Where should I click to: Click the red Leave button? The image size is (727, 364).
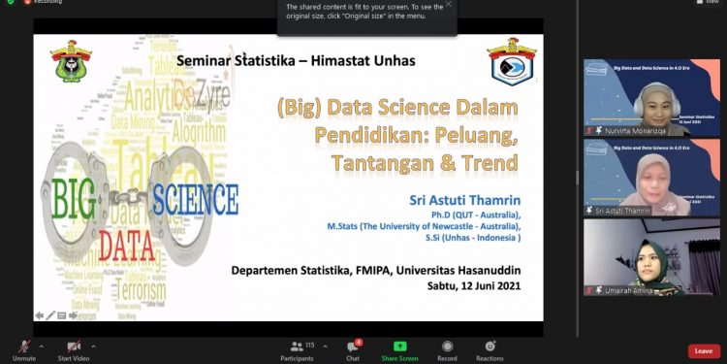tap(703, 350)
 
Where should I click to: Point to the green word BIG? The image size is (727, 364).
tap(74, 198)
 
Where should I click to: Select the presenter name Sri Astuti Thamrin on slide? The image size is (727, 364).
tap(466, 199)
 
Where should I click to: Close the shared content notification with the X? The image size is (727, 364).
tap(448, 5)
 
